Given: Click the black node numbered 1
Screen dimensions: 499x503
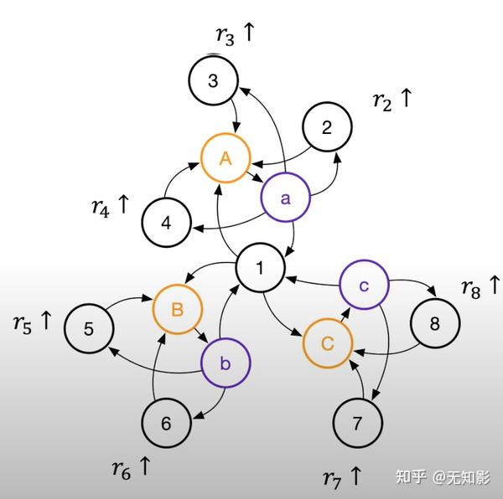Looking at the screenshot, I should tap(261, 269).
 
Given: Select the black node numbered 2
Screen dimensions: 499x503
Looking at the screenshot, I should tap(327, 128).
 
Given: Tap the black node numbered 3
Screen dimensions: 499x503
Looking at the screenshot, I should tap(213, 80).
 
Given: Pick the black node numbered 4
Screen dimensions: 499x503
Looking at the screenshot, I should tap(166, 224).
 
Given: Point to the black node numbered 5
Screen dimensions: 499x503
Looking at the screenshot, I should tap(89, 328).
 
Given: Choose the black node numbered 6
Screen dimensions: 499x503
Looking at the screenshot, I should tap(166, 423).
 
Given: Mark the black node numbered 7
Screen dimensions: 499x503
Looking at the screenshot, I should tap(357, 424).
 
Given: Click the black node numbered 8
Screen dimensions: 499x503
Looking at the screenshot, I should tap(434, 324).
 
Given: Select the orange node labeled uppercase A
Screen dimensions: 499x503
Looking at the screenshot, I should tap(226, 157).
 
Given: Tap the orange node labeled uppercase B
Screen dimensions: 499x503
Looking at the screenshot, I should tap(178, 309).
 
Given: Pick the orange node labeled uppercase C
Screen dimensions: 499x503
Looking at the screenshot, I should tap(328, 342).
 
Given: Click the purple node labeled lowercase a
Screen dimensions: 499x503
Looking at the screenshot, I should tap(285, 198).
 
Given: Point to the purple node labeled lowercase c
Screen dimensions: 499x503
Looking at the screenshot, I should tap(364, 286).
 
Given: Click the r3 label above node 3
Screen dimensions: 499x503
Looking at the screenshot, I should tap(234, 34).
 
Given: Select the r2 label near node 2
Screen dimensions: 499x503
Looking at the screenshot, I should tap(392, 100).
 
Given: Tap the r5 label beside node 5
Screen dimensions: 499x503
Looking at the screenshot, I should tap(33, 321).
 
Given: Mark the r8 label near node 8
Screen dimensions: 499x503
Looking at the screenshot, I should tap(480, 287).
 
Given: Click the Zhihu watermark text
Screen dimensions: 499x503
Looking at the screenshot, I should tap(443, 477).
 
